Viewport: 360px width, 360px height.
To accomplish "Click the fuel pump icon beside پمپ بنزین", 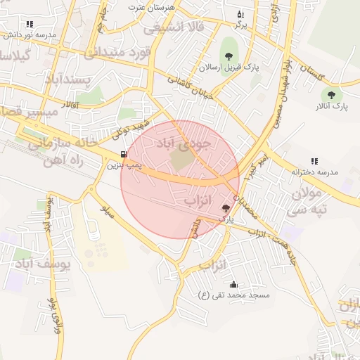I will pos(124,155).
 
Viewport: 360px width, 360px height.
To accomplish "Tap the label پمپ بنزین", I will pos(124,167).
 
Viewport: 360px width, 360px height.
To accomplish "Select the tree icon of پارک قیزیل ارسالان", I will pos(227,55).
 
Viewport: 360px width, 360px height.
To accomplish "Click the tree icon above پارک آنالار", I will pos(330,94).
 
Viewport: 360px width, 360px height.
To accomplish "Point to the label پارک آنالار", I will pos(330,106).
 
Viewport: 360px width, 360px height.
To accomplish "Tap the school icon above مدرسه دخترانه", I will pos(314,161).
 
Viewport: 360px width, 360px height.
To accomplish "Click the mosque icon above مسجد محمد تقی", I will pos(233,284).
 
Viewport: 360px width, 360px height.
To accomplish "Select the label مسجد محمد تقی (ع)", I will pos(234,295).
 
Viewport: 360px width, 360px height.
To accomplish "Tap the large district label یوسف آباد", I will pos(43,264).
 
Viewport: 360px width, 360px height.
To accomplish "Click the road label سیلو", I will pos(107,210).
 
